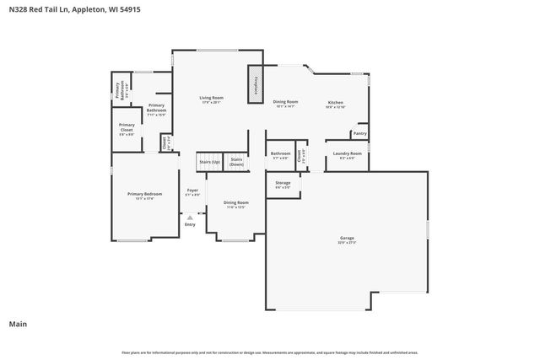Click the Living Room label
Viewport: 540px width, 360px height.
coord(211,99)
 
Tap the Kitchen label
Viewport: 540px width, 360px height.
coord(336,104)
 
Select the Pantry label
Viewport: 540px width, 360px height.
coord(359,133)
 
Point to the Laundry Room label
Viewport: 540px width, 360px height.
coord(347,153)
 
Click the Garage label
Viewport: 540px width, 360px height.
coord(348,239)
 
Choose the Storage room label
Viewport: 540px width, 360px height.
coord(283,183)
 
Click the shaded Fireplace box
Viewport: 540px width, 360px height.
coord(255,86)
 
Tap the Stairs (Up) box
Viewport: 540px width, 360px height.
coord(209,161)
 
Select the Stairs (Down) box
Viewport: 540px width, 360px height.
coord(236,161)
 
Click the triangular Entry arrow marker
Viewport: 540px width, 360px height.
coord(190,218)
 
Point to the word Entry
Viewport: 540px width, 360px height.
coord(190,224)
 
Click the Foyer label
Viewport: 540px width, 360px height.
coord(192,191)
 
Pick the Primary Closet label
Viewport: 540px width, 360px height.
coord(126,131)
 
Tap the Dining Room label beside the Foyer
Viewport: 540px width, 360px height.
coord(236,203)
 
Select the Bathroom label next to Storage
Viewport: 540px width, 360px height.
coord(280,154)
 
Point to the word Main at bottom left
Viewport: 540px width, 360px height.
coord(18,324)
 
